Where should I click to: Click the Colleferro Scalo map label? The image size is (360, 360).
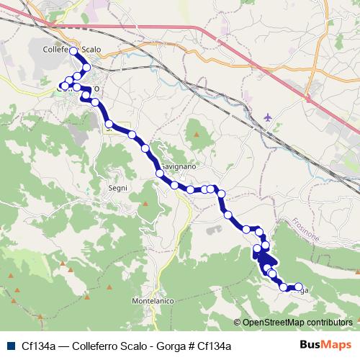pyautogui.click(x=71, y=50)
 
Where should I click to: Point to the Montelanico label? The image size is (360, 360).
pyautogui.click(x=153, y=300)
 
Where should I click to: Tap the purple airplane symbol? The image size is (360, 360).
pyautogui.click(x=269, y=117)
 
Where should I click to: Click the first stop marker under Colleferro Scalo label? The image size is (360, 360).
pyautogui.click(x=73, y=52)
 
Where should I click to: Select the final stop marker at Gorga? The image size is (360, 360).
pyautogui.click(x=299, y=287)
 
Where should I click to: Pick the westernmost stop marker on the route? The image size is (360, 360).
pyautogui.click(x=63, y=87)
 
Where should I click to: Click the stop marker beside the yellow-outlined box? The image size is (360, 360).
pyautogui.click(x=109, y=125)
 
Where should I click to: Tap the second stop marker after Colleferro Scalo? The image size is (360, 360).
pyautogui.click(x=86, y=68)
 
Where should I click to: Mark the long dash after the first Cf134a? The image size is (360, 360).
pyautogui.click(x=64, y=346)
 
